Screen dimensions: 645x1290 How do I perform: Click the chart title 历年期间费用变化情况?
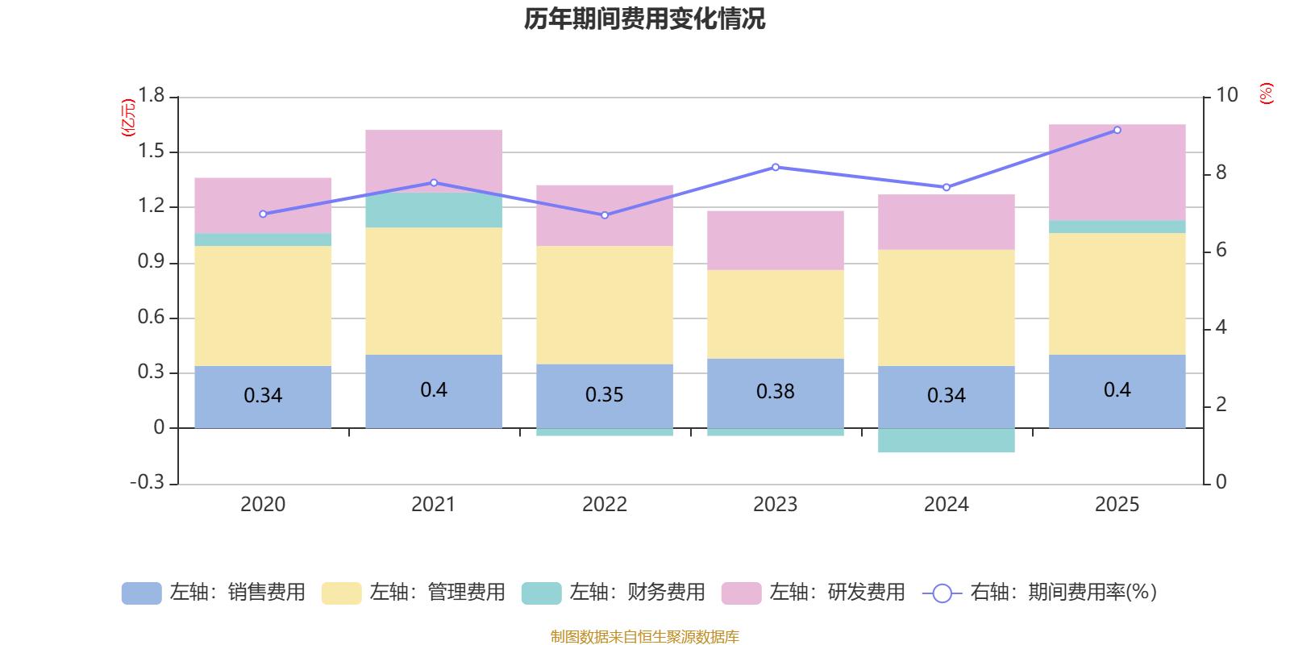(x=644, y=19)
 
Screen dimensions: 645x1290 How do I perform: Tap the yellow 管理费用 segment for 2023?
(x=776, y=314)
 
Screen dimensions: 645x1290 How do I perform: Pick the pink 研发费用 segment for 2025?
(x=1117, y=172)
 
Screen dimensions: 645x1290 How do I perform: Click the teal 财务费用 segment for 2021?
(x=434, y=210)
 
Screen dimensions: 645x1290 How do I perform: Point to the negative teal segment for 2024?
(x=946, y=441)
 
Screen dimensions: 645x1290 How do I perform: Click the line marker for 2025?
(x=1117, y=130)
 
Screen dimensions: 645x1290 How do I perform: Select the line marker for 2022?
(x=605, y=215)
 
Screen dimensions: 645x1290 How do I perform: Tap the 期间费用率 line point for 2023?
(x=776, y=168)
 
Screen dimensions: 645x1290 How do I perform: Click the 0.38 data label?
(x=776, y=392)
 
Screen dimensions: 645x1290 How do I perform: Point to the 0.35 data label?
(x=605, y=395)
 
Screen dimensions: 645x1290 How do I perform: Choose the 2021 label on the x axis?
(x=434, y=505)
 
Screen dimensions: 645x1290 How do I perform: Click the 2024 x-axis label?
(x=946, y=505)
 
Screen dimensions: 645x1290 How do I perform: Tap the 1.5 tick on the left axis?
(x=151, y=152)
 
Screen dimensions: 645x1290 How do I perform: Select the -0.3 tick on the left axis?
(x=148, y=482)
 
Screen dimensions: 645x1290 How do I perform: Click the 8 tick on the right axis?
(x=1221, y=173)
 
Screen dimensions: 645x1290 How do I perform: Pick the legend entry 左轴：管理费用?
(x=413, y=593)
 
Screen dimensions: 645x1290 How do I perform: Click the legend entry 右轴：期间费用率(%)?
(x=1040, y=593)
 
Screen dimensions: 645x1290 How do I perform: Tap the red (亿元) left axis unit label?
(x=127, y=118)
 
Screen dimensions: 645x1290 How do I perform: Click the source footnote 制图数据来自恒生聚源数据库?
(x=644, y=637)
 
